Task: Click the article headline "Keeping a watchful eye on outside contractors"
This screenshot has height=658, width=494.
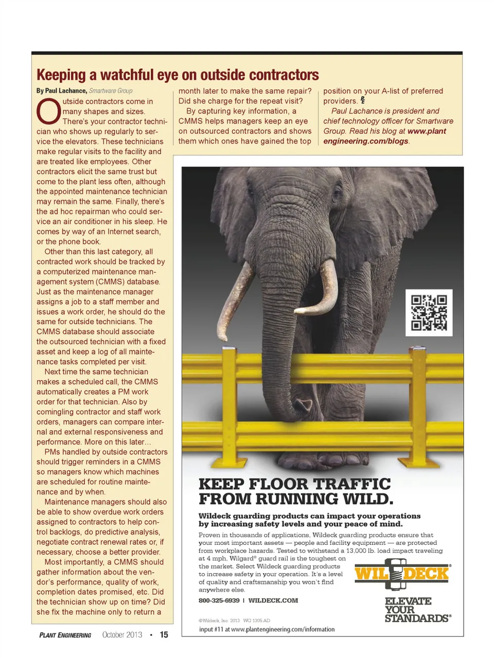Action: [x=178, y=75]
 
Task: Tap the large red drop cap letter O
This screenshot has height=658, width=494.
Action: [x=48, y=112]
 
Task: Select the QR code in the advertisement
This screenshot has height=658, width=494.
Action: [x=429, y=312]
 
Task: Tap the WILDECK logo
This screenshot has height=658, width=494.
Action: [x=402, y=574]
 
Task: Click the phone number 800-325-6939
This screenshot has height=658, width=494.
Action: [x=219, y=600]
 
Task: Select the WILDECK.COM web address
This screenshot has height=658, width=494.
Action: [x=273, y=600]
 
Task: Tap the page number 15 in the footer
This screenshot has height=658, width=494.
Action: [x=164, y=635]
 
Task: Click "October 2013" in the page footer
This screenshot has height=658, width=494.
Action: [x=122, y=635]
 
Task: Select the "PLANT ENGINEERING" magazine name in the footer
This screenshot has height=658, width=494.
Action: [x=65, y=635]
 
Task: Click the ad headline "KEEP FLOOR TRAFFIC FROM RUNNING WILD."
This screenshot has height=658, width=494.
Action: [x=295, y=491]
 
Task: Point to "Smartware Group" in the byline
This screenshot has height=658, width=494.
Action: [x=111, y=91]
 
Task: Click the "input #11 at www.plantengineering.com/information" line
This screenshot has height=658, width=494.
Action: [x=267, y=629]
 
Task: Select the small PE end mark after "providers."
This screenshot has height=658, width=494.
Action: [x=363, y=100]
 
